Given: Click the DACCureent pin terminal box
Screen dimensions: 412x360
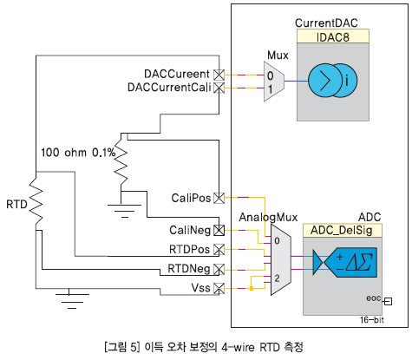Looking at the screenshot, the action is [219, 75].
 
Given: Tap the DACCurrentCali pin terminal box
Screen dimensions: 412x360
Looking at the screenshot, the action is [219, 88].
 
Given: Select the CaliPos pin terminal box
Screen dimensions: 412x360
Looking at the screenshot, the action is [219, 198].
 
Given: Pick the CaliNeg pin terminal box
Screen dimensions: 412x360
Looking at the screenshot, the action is [219, 231].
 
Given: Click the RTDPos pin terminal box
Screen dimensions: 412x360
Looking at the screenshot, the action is [219, 250].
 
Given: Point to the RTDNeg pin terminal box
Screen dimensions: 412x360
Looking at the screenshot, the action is [219, 269].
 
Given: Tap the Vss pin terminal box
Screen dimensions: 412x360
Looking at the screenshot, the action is [219, 288].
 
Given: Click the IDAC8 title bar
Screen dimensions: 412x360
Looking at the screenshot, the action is [333, 36].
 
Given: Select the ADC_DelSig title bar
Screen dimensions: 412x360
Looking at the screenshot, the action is [343, 231].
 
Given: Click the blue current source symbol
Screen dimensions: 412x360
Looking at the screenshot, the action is [333, 81].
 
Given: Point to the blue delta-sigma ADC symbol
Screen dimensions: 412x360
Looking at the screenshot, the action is [345, 262].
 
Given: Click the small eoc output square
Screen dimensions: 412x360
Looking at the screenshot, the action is [389, 302].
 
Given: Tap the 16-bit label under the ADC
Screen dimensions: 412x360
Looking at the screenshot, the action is [372, 320].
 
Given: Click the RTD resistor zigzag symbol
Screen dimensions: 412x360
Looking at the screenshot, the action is [36, 201].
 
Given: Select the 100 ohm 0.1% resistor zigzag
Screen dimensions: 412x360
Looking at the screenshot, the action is [121, 162].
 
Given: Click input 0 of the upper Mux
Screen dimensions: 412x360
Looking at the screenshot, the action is [270, 75].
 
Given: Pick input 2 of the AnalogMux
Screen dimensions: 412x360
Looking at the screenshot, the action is [277, 278].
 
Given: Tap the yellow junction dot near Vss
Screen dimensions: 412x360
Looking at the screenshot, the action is [252, 288].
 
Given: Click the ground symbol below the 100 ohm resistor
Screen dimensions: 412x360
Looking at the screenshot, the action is [125, 211].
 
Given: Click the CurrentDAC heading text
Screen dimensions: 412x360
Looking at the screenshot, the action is [326, 23].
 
